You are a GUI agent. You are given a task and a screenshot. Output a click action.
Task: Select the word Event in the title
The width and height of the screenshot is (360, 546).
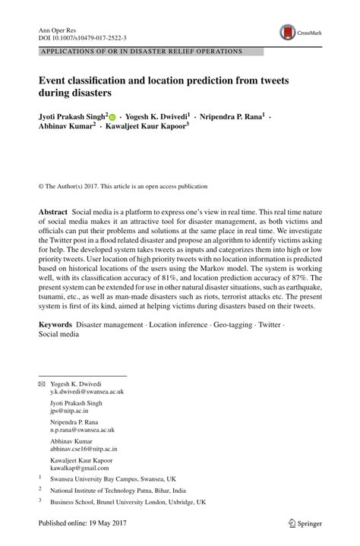tap(55, 80)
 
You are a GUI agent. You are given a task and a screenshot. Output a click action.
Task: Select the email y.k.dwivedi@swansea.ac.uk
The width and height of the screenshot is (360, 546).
tap(87, 392)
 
